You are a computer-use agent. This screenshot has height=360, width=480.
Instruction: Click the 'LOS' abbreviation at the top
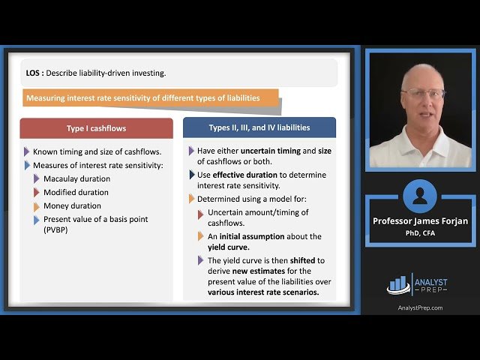click(x=33, y=73)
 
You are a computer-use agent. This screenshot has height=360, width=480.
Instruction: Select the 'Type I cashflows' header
click(x=96, y=128)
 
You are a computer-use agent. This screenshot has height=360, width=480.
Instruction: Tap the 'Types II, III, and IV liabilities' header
click(x=259, y=127)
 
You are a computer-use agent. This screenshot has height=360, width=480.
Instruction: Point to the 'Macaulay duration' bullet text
click(x=76, y=178)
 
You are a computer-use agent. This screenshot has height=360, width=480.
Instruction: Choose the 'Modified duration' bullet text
click(x=76, y=192)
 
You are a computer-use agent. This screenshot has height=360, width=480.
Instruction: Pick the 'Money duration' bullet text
click(x=72, y=205)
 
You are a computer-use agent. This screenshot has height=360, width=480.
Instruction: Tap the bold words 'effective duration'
click(x=235, y=175)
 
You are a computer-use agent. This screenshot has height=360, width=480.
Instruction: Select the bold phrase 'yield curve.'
click(x=228, y=247)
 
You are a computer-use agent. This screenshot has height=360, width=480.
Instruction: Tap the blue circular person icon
click(x=419, y=196)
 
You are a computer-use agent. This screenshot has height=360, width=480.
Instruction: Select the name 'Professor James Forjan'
click(x=420, y=220)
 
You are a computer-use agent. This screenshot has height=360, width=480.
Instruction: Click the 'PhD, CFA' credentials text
click(x=420, y=232)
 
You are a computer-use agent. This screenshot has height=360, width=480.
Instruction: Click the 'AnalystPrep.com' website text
click(x=420, y=307)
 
